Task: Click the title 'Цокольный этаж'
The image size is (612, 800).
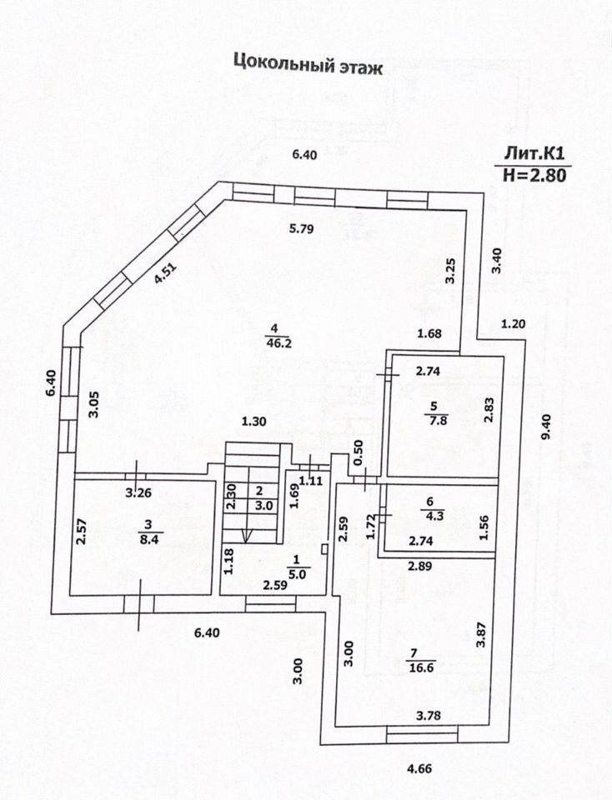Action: [x=308, y=65]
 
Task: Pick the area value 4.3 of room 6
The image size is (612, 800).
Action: [x=430, y=516]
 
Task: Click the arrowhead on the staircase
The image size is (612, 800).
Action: [x=248, y=535]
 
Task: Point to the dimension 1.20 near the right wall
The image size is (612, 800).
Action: [x=514, y=323]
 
